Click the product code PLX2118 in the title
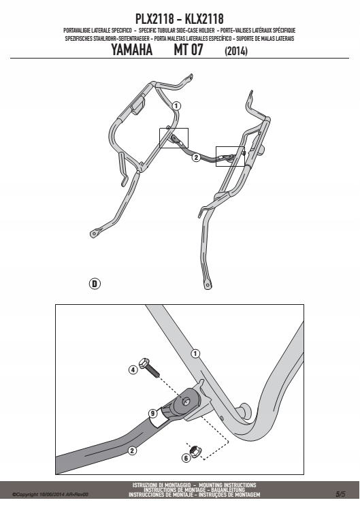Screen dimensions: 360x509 coord(154,19)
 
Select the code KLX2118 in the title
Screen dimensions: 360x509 coord(204,19)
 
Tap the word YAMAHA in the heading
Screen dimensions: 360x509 coord(132,50)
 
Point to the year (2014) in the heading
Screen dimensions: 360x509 coord(236,51)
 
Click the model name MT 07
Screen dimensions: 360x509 coord(189,50)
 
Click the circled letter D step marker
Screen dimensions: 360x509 coord(95,284)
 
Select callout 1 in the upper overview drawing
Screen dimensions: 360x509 coord(176,106)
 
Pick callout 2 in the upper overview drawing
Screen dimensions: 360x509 coord(196,157)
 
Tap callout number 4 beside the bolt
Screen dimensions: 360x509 coord(133,370)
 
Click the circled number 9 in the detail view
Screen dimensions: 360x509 coord(152,413)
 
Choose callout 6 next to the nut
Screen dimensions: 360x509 coord(186,458)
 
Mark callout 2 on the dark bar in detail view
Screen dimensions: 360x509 coord(132,450)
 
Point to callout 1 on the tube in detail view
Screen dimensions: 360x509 coord(195,353)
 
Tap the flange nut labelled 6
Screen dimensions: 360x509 coord(195,451)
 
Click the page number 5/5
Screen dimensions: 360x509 coord(340,494)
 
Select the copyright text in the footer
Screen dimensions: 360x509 coord(50,495)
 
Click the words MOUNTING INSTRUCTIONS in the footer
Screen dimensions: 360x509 coord(227,485)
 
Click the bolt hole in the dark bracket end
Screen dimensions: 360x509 coord(186,402)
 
